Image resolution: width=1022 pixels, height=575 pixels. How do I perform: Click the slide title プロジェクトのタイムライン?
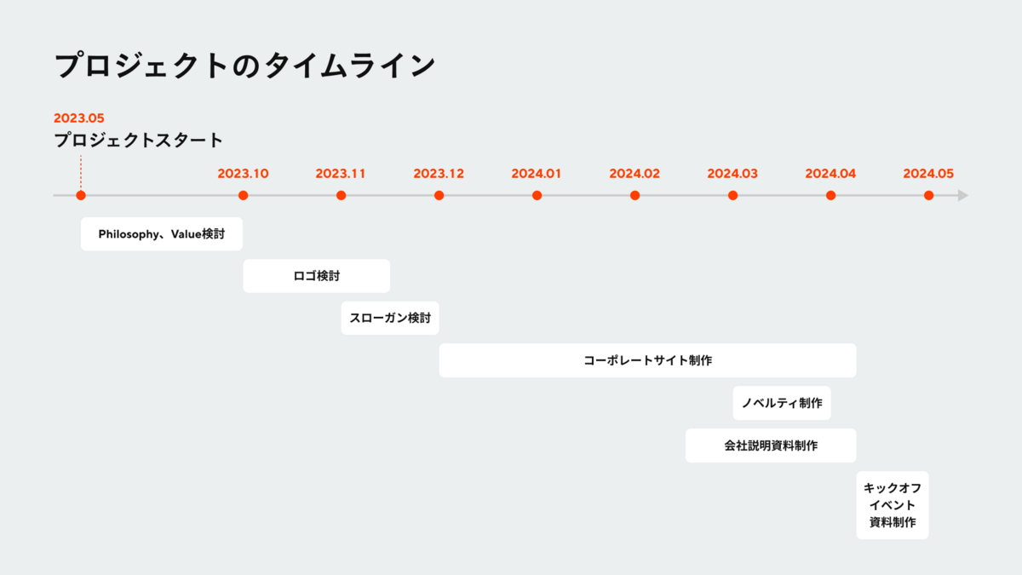pyautogui.click(x=245, y=66)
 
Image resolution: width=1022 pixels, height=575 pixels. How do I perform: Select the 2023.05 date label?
pyautogui.click(x=78, y=118)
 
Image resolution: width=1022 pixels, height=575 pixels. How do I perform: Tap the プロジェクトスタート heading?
pyautogui.click(x=138, y=141)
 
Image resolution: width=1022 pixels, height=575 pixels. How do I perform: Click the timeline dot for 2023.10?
pyautogui.click(x=243, y=195)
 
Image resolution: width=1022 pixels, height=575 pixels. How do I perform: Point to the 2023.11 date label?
pyautogui.click(x=341, y=174)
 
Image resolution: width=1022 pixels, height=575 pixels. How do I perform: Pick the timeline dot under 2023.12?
pyautogui.click(x=439, y=195)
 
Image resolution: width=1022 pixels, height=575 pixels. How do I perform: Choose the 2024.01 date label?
pyautogui.click(x=537, y=174)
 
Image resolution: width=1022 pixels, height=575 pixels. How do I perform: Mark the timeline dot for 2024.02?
pyautogui.click(x=634, y=195)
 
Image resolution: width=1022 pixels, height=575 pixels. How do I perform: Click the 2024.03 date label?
pyautogui.click(x=732, y=174)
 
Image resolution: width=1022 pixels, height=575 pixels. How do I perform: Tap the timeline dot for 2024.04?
pyautogui.click(x=830, y=195)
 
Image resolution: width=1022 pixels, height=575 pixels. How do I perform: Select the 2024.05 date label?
pyautogui.click(x=928, y=174)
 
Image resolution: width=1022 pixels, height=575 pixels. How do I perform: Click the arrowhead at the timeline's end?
pyautogui.click(x=963, y=195)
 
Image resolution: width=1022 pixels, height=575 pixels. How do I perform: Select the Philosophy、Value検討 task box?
pyautogui.click(x=162, y=233)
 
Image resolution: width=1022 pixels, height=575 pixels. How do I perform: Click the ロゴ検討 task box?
pyautogui.click(x=316, y=276)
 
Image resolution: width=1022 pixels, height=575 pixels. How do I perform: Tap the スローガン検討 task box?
pyautogui.click(x=390, y=318)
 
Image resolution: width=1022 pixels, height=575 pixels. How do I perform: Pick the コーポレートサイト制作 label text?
pyautogui.click(x=648, y=360)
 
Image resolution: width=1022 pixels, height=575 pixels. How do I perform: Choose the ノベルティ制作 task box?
pyautogui.click(x=782, y=403)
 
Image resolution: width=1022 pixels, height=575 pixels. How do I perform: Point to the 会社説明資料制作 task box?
pyautogui.click(x=771, y=446)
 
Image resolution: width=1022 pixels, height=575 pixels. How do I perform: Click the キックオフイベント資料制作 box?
pyautogui.click(x=893, y=505)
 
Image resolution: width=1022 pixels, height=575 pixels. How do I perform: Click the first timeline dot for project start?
pyautogui.click(x=81, y=195)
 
